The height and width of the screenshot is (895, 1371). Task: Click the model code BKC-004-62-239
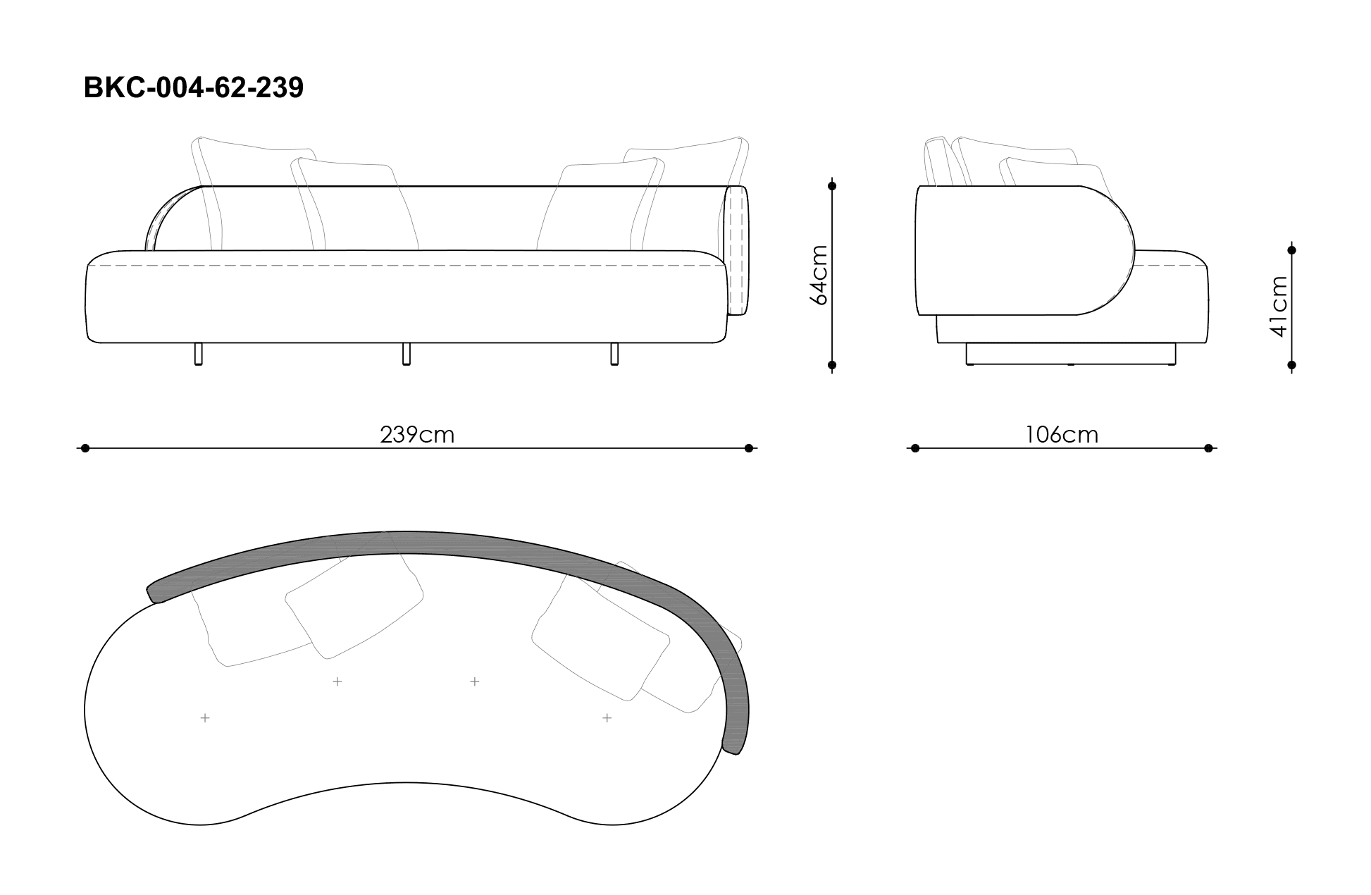point(194,87)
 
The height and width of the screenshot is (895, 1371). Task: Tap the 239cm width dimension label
point(417,435)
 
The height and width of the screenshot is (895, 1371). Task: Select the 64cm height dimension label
point(819,275)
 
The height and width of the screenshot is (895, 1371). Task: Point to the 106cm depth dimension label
point(1062,435)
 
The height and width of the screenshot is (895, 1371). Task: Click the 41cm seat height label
point(1279,306)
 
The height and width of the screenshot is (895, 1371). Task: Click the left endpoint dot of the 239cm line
point(85,447)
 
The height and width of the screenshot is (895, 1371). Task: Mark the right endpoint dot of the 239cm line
point(749,447)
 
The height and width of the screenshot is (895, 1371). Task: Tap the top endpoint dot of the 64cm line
point(832,186)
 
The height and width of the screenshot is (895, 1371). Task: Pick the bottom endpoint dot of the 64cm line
point(832,365)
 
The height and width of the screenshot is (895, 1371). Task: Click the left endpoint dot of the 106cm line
point(915,447)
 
